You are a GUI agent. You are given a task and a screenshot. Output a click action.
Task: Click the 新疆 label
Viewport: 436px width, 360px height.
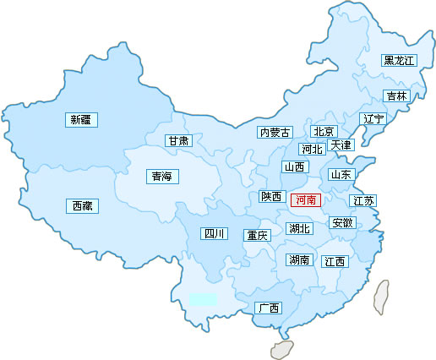coord(81,120)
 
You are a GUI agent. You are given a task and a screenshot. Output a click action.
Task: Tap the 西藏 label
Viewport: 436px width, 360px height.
coord(82,205)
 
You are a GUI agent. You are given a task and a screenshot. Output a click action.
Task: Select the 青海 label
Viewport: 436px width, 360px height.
coord(161,177)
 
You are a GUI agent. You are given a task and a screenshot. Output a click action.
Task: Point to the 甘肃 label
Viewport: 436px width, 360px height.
coord(178,141)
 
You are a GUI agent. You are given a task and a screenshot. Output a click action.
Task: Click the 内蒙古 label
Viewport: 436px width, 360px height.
coord(275,133)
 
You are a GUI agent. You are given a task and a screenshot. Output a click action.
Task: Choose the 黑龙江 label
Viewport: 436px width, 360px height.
coord(399,61)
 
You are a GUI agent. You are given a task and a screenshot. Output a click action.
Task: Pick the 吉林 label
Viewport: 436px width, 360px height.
coord(395,96)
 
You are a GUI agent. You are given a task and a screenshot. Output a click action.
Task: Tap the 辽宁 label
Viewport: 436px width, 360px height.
coord(373,119)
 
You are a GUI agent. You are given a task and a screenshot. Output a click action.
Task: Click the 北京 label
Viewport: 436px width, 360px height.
coord(324,132)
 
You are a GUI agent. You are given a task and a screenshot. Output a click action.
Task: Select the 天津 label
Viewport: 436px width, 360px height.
coord(341,146)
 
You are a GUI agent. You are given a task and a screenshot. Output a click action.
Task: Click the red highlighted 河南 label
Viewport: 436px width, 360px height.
coord(305,200)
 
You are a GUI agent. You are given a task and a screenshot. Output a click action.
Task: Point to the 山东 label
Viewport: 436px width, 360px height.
coord(341,175)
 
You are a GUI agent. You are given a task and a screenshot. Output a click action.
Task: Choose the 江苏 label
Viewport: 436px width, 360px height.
coord(363,201)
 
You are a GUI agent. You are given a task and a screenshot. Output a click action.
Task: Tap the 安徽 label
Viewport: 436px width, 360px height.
coord(343,223)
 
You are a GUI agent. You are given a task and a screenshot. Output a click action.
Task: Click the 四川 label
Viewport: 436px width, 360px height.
coord(213,234)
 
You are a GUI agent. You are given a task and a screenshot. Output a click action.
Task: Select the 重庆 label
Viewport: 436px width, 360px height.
coord(256,236)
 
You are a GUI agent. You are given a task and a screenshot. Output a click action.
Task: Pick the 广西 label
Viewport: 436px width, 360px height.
coord(269,308)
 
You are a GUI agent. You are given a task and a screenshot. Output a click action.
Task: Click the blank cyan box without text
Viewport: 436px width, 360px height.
coord(202,299)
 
